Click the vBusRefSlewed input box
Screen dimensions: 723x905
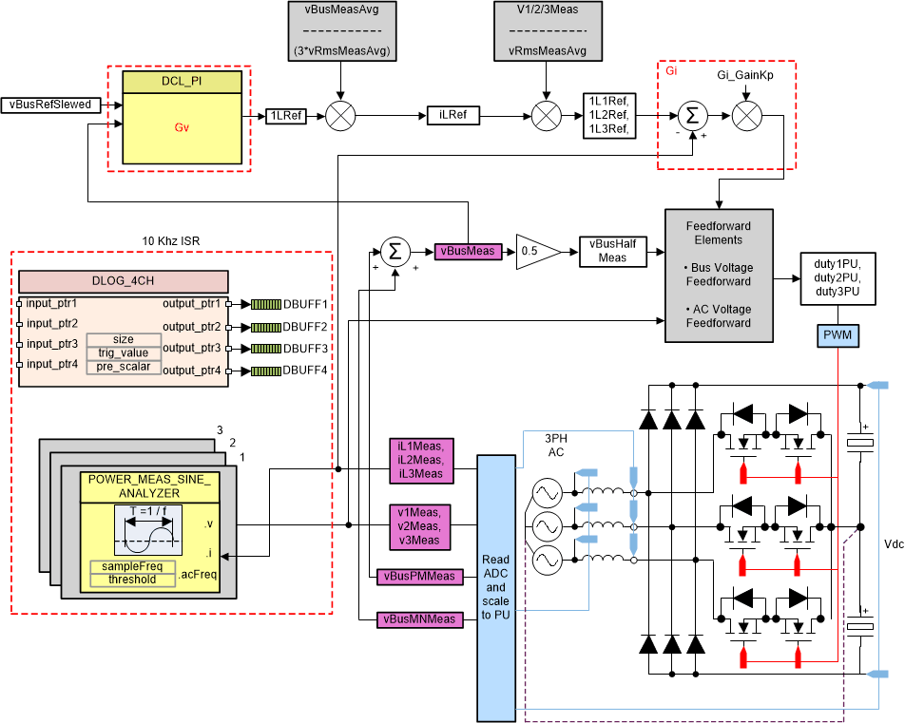pos(53,105)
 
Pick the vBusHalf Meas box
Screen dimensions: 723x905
pos(611,251)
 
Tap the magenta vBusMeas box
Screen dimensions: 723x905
pos(467,251)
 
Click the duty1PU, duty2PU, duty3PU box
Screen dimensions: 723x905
pos(837,279)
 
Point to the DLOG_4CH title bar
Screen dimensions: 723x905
pos(124,281)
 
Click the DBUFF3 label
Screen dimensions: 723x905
pos(304,348)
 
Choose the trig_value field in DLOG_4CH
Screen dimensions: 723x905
pos(123,352)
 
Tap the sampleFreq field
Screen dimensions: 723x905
pos(132,566)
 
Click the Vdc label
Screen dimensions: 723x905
pos(891,544)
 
